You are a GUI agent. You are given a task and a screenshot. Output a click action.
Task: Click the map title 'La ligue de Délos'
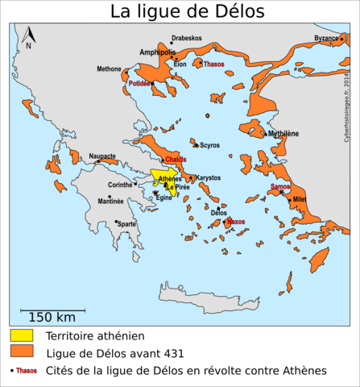186,11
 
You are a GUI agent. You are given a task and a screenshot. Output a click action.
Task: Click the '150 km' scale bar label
52,317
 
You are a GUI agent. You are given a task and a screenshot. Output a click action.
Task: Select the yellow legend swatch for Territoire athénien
22,335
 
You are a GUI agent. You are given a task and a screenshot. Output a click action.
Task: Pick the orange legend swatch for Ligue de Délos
22,352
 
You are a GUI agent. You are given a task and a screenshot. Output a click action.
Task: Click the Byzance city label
326,38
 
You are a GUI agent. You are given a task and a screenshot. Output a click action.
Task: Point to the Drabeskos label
186,38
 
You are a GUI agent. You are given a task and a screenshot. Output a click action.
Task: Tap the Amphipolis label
157,52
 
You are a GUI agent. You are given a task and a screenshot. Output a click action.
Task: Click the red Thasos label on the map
214,64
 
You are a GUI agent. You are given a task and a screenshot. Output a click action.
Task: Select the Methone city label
109,69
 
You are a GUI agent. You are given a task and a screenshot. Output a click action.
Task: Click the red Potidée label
139,83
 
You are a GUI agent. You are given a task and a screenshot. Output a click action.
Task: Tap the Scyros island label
209,145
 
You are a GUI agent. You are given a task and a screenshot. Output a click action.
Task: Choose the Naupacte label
102,156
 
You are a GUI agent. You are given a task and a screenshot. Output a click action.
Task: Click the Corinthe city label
120,185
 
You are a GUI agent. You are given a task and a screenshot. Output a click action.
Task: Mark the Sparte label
127,223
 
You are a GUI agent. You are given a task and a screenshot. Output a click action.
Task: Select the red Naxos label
236,221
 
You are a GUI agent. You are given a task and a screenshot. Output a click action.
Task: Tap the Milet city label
300,199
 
